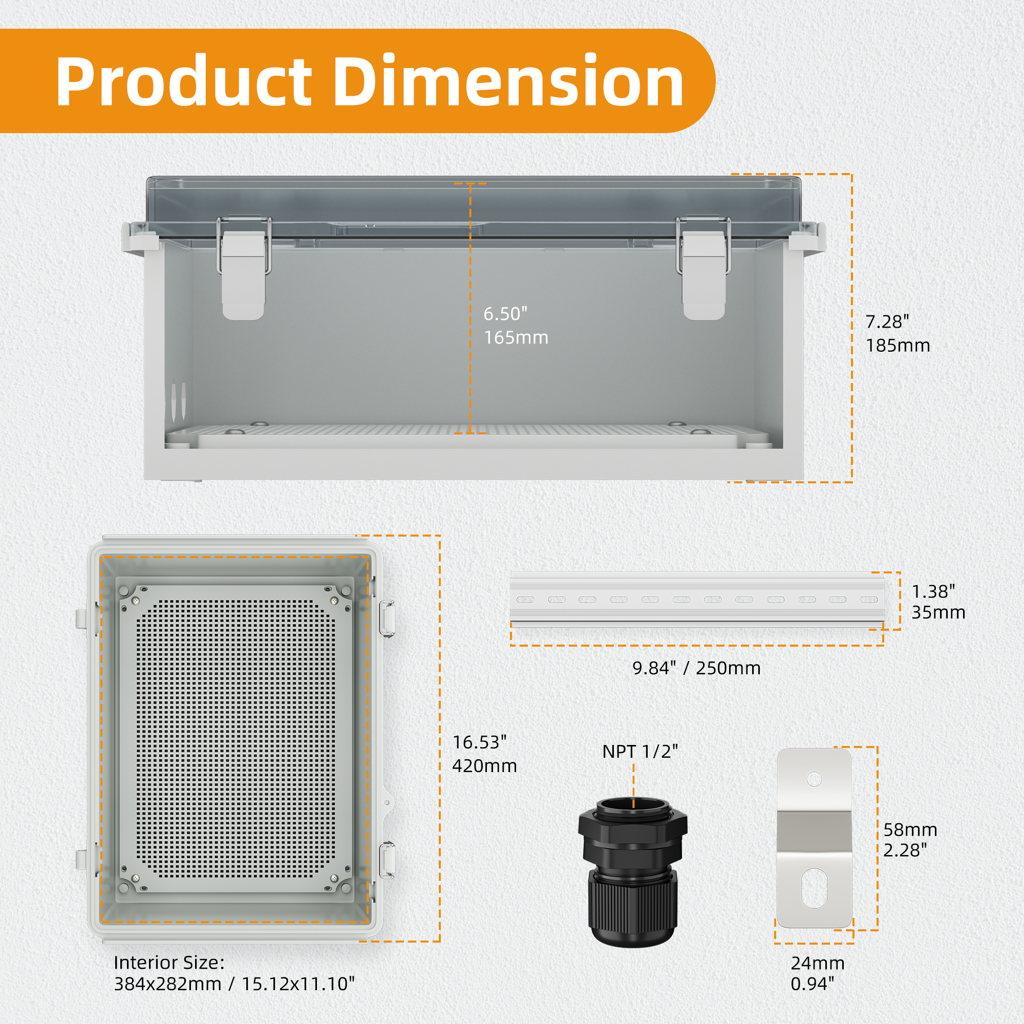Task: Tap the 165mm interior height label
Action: coord(516,337)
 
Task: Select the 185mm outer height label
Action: coord(898,346)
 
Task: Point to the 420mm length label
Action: coord(484,766)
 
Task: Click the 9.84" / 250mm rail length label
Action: coord(696,668)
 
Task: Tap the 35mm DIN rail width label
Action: coord(938,613)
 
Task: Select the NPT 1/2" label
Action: coord(639,751)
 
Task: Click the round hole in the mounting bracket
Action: coord(814,779)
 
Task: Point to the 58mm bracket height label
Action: coord(910,830)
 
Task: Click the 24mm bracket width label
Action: coord(817,963)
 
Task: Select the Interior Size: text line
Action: coord(169,963)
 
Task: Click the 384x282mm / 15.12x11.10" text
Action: coord(234,984)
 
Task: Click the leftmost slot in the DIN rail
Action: coord(525,600)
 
